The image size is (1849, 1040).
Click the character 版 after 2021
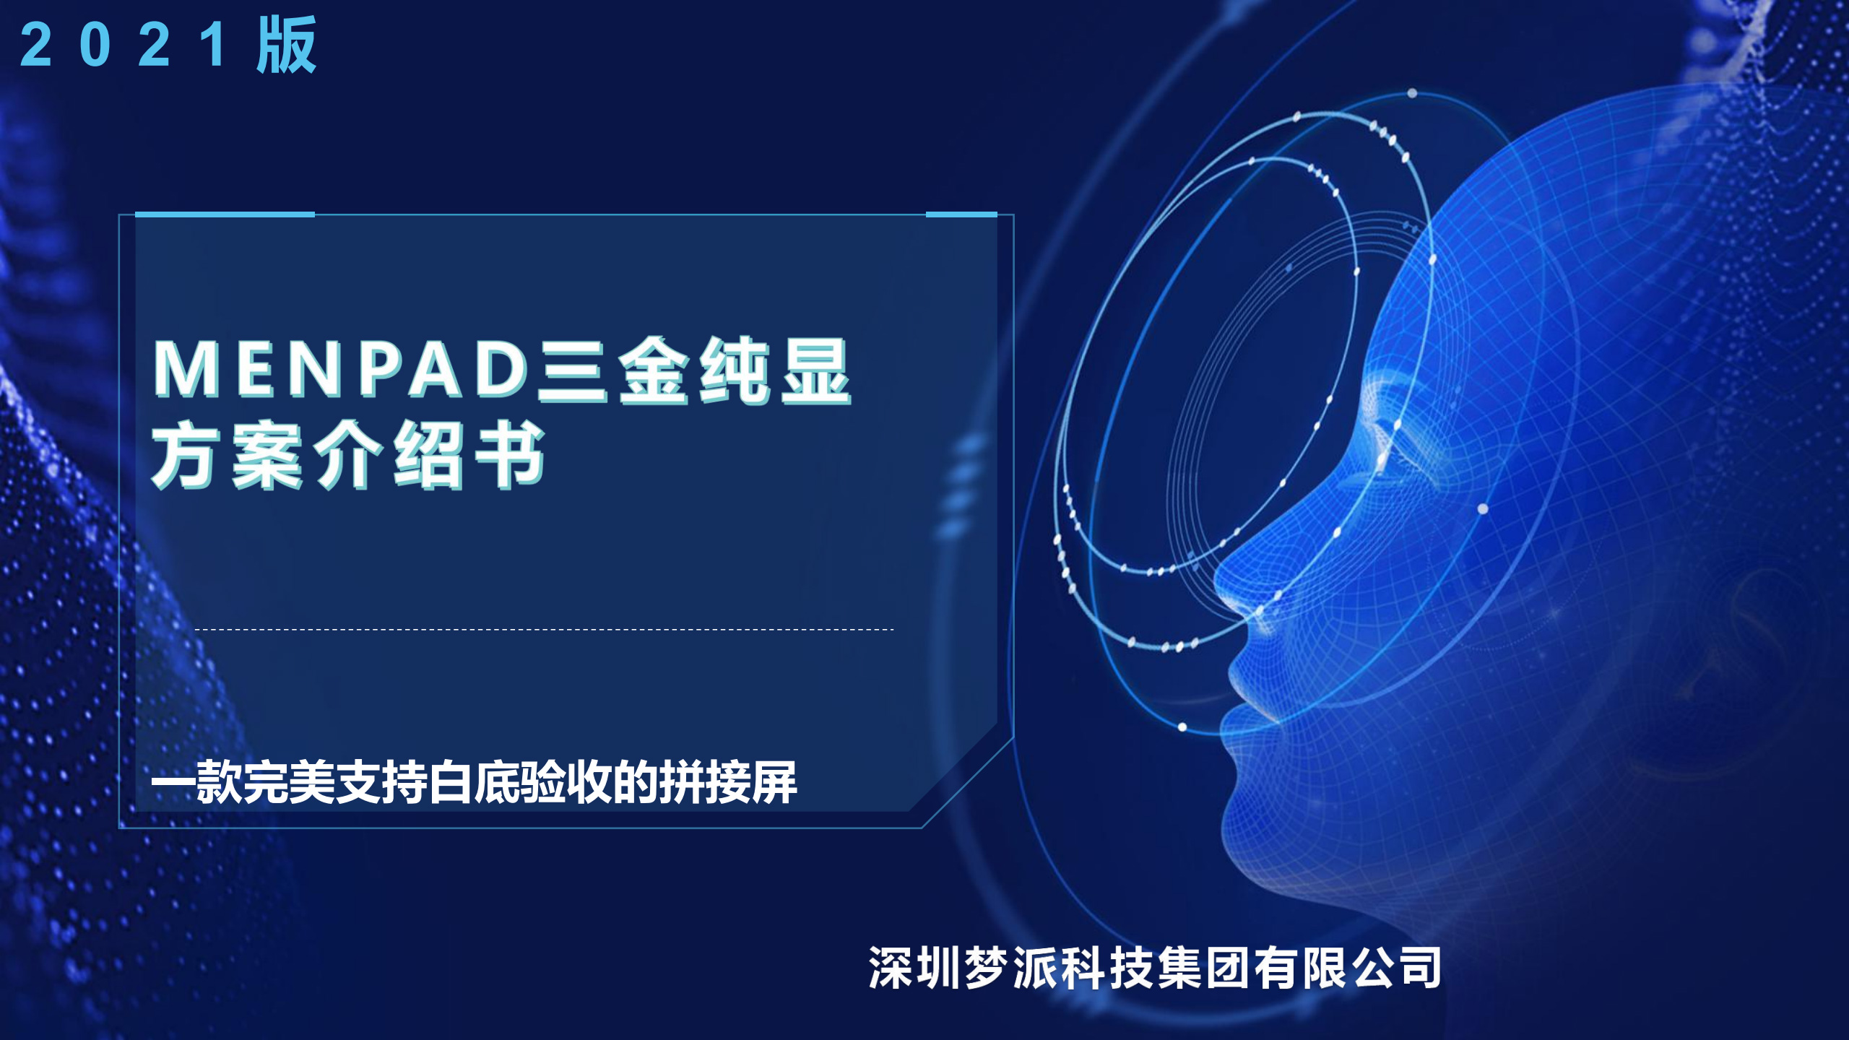click(x=287, y=45)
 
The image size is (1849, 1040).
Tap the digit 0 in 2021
click(x=95, y=45)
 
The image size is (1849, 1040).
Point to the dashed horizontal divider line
click(x=545, y=630)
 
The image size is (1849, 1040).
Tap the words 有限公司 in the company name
click(x=1348, y=968)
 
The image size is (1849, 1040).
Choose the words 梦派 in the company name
click(x=1011, y=968)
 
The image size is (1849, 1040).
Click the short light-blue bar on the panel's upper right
click(x=961, y=214)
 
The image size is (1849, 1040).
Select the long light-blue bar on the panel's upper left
click(x=225, y=214)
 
